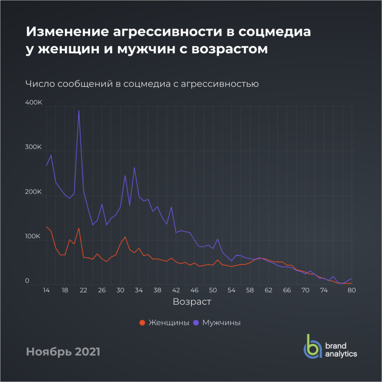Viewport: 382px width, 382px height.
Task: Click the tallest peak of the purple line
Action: [79, 110]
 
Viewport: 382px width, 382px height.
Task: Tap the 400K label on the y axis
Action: [33, 102]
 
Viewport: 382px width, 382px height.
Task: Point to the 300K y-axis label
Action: [33, 147]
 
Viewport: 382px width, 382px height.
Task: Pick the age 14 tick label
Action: [46, 290]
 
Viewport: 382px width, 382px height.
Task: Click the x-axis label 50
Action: [213, 290]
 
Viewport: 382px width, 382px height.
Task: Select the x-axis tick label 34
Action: [139, 290]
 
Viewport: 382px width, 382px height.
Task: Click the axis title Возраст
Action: [192, 302]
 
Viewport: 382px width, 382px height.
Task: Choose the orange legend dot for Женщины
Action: [142, 323]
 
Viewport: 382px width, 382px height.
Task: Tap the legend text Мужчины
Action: [221, 323]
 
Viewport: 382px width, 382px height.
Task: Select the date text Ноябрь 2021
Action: [63, 351]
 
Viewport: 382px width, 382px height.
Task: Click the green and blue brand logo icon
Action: [312, 347]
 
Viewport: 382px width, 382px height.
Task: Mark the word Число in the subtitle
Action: [40, 84]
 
